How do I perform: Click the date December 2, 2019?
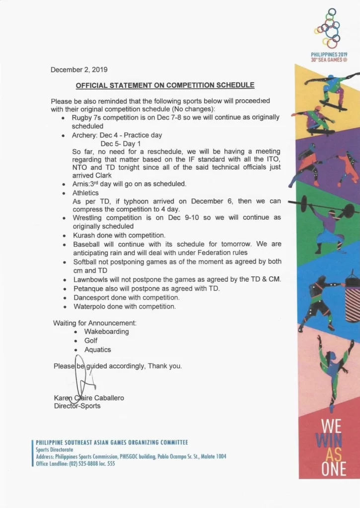click(x=79, y=70)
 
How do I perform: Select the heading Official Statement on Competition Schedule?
click(x=165, y=85)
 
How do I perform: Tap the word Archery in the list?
click(x=84, y=135)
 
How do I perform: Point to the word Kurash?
click(x=84, y=235)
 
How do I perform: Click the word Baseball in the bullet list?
click(x=87, y=244)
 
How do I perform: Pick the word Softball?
click(x=86, y=261)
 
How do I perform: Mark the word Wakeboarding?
click(x=106, y=331)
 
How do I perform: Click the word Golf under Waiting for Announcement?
click(x=91, y=340)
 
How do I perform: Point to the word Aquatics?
click(x=97, y=350)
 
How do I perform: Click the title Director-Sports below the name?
click(x=77, y=406)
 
